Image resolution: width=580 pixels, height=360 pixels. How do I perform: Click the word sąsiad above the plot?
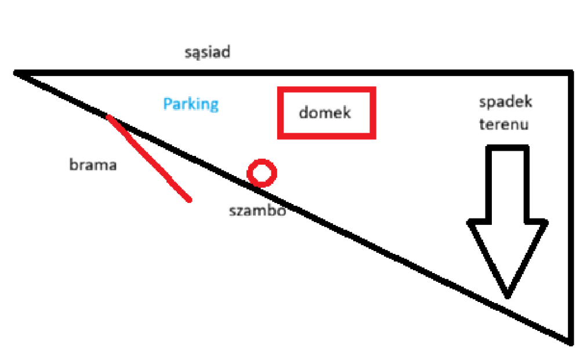point(208,52)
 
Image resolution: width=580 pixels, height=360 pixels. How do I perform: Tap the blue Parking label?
point(191,104)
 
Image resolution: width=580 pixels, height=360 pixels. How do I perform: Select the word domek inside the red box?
point(325,112)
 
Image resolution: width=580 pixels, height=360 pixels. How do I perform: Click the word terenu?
point(504,124)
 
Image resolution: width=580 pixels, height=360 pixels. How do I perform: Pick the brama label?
point(93,165)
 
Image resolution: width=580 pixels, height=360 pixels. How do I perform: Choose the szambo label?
point(258,210)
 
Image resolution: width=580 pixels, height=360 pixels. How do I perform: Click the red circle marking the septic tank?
point(262,159)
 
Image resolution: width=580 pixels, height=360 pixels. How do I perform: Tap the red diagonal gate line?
point(148,158)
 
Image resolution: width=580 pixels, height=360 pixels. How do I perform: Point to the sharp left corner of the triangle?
point(15,73)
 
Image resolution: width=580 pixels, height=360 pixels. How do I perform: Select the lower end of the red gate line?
point(190,201)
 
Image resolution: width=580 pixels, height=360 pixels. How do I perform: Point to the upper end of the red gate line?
point(108,117)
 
